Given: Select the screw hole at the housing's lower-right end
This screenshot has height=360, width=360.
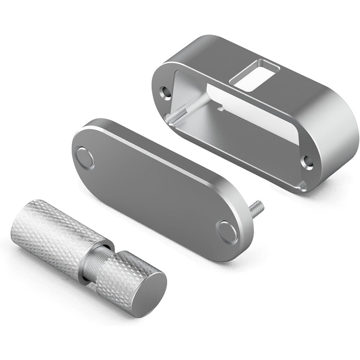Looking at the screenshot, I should pyautogui.click(x=307, y=162).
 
